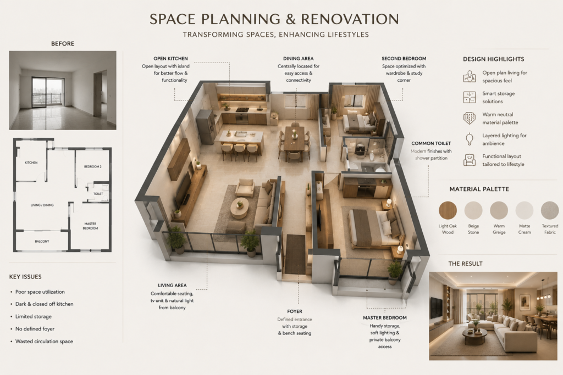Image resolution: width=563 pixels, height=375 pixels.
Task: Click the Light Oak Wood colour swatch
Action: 448,210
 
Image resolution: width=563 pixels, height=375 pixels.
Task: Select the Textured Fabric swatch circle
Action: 550,210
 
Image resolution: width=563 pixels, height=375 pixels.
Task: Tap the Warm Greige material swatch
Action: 499,210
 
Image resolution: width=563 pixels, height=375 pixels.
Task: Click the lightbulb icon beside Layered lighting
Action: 469,139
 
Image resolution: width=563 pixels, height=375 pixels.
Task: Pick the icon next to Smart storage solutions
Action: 470,97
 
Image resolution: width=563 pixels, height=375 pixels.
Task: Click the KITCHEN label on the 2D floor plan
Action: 31,163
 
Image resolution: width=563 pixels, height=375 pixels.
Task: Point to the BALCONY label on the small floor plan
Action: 42,241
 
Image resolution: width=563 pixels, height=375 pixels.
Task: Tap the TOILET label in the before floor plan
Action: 98,194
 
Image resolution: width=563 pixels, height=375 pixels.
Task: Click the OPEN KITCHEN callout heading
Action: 170,58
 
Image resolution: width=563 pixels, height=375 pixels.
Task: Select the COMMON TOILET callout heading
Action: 431,143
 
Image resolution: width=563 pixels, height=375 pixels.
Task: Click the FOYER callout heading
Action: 295,311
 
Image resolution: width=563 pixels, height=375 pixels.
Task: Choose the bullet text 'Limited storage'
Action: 34,317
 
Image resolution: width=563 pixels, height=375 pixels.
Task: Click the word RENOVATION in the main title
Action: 350,19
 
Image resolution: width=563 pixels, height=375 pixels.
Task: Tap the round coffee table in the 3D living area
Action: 240,208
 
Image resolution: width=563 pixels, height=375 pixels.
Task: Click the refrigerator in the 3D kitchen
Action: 206,126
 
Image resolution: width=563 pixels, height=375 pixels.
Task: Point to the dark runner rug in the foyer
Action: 295,254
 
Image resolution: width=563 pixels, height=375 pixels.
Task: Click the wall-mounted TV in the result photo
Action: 436,307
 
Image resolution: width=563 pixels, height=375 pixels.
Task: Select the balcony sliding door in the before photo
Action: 47,92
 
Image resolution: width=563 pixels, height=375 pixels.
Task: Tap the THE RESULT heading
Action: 465,264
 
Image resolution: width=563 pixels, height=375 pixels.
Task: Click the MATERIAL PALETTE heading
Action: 479,189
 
